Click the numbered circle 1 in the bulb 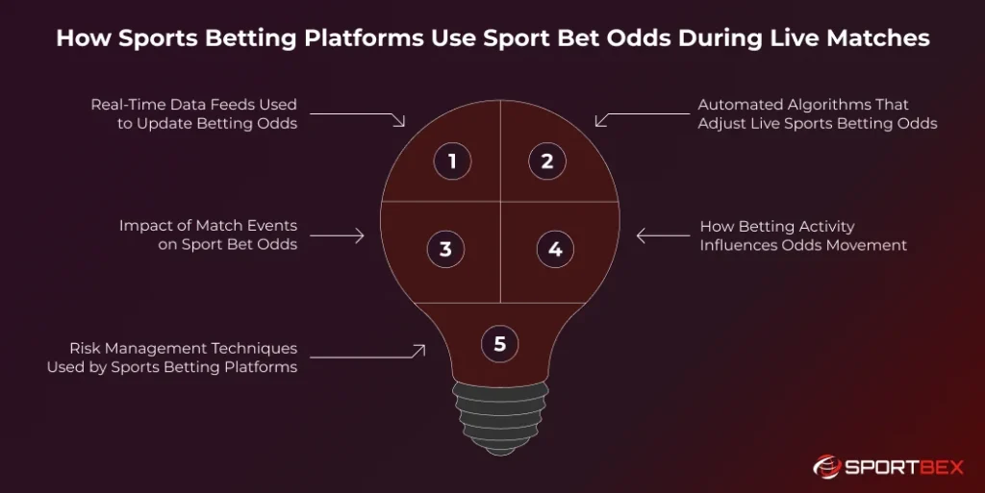click(x=452, y=161)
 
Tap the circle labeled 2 click(x=547, y=161)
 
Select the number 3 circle click(x=445, y=250)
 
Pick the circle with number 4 click(x=555, y=250)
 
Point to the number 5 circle click(x=499, y=343)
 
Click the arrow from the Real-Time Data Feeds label click(x=356, y=115)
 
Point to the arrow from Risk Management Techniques click(x=366, y=356)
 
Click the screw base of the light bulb click(x=499, y=413)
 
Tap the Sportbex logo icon click(x=826, y=467)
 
